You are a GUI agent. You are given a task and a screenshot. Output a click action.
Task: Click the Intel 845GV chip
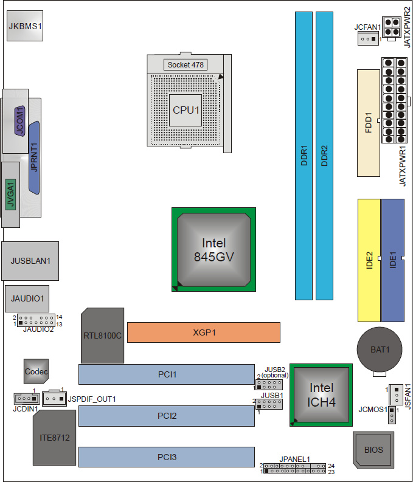212,250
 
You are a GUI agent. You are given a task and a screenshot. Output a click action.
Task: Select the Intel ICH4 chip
321,394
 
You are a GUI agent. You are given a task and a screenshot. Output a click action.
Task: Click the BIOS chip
373,450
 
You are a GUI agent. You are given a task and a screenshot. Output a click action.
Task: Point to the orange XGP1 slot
203,332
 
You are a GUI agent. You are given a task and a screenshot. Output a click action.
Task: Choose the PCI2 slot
166,416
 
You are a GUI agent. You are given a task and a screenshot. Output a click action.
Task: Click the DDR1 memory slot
304,155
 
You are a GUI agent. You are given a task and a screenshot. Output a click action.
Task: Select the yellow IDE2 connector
369,260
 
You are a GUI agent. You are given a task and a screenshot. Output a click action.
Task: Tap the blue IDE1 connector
392,260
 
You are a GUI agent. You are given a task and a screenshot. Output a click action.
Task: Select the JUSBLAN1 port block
30,260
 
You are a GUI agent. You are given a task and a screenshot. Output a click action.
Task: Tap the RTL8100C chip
102,336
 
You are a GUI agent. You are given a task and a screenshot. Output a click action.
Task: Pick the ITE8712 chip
54,438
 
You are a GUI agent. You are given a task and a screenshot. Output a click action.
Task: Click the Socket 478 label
186,64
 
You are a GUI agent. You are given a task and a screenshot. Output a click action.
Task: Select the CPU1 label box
186,110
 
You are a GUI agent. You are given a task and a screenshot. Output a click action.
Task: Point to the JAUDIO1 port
27,298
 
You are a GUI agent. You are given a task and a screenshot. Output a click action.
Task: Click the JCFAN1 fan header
367,39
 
